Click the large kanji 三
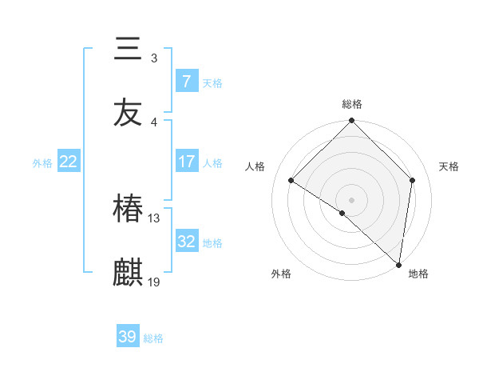pyautogui.click(x=128, y=49)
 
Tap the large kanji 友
pyautogui.click(x=128, y=113)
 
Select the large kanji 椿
pyautogui.click(x=128, y=210)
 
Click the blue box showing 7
pyautogui.click(x=187, y=81)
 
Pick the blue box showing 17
pyautogui.click(x=187, y=162)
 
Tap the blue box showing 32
pyautogui.click(x=187, y=242)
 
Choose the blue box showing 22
pyautogui.click(x=69, y=162)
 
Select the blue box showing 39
pyautogui.click(x=128, y=337)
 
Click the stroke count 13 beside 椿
pyautogui.click(x=154, y=218)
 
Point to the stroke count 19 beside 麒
pyautogui.click(x=154, y=282)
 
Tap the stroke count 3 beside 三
pyautogui.click(x=154, y=58)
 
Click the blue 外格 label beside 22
pyautogui.click(x=42, y=162)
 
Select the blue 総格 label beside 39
pyautogui.click(x=153, y=338)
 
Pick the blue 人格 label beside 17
pyautogui.click(x=212, y=162)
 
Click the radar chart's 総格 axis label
pyautogui.click(x=351, y=104)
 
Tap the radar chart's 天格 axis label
pyautogui.click(x=449, y=166)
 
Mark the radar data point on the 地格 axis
pyautogui.click(x=398, y=264)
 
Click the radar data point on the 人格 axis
pyautogui.click(x=291, y=181)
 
